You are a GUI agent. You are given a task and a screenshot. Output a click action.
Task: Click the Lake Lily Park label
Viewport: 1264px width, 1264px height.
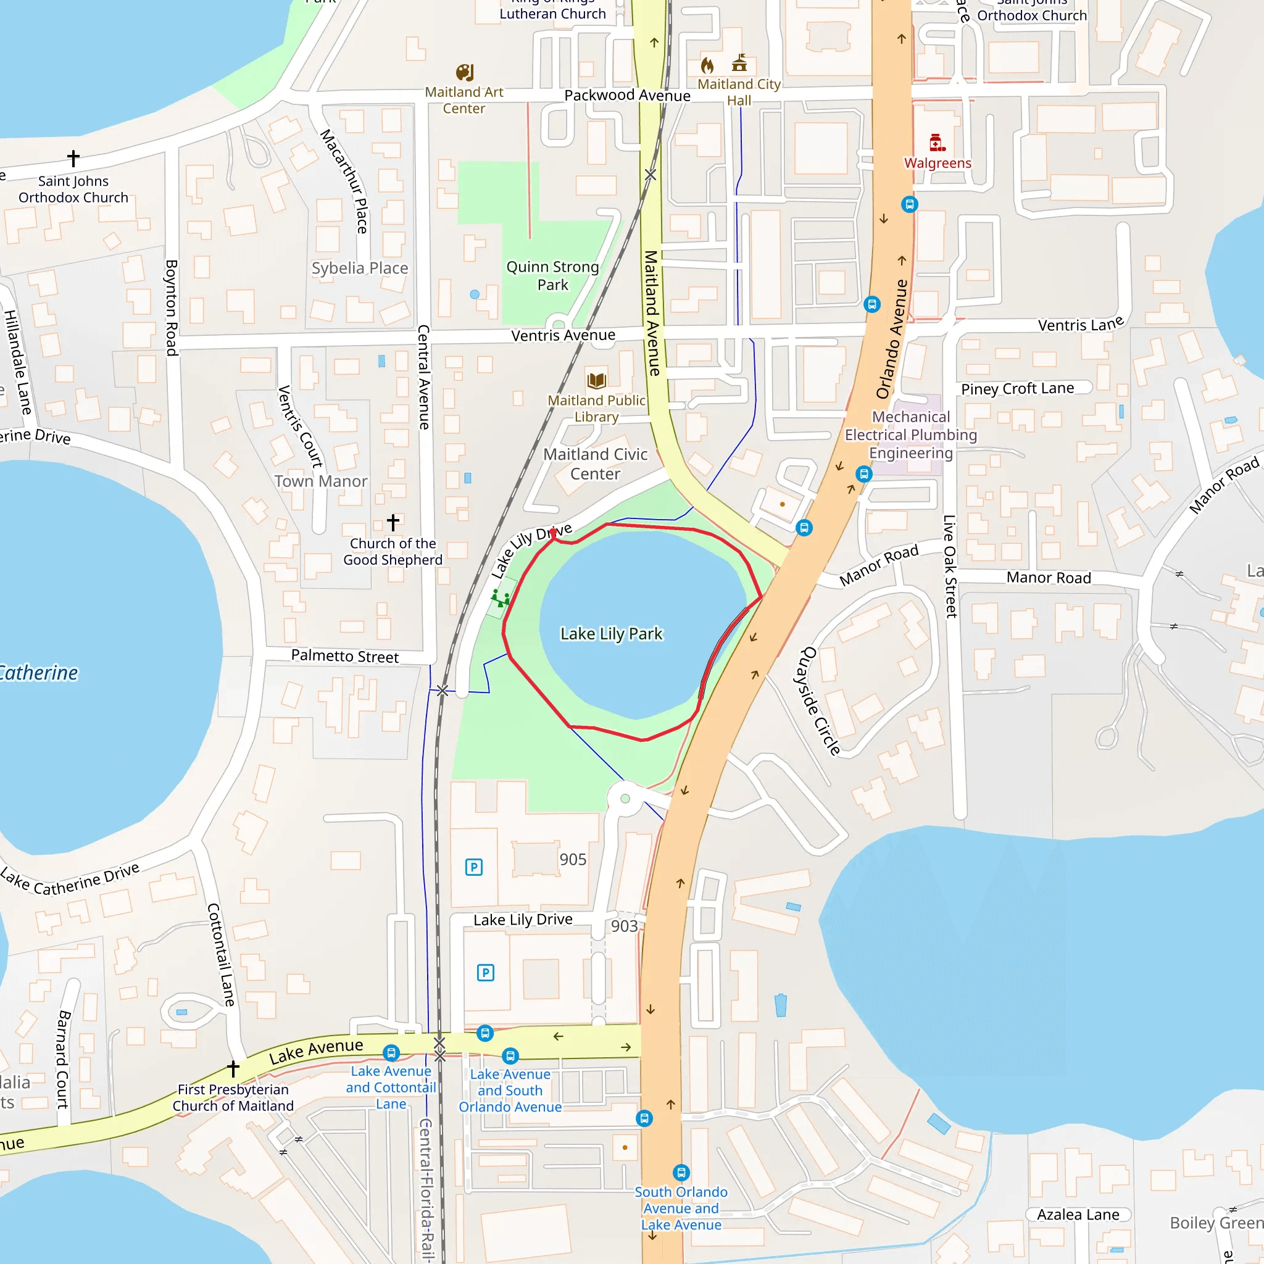[x=611, y=634]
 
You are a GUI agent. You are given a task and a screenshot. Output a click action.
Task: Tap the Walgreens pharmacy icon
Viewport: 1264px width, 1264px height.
[x=936, y=143]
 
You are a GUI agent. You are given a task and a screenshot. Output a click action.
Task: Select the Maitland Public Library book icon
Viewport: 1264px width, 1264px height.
[x=596, y=380]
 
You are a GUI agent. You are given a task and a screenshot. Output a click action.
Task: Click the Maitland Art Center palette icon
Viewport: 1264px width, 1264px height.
[x=465, y=72]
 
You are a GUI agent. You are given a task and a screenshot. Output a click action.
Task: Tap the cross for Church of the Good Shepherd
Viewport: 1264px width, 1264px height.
[x=393, y=522]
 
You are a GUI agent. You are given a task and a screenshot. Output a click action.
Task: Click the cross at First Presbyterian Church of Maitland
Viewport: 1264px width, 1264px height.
[x=233, y=1068]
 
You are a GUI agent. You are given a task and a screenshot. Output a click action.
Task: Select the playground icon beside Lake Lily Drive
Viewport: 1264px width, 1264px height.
[x=501, y=597]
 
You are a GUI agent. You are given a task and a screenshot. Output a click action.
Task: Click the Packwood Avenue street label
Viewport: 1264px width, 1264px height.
[x=627, y=96]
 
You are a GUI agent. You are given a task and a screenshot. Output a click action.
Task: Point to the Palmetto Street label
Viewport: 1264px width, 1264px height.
[x=345, y=656]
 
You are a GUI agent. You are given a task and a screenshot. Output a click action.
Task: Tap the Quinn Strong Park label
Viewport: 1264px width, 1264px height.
[x=553, y=275]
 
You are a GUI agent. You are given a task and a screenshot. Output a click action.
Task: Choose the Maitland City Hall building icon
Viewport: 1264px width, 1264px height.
[x=739, y=63]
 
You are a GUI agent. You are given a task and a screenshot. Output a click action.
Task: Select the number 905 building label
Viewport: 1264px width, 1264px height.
[x=573, y=860]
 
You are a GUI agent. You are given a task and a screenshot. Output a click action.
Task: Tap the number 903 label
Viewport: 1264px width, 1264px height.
[x=624, y=926]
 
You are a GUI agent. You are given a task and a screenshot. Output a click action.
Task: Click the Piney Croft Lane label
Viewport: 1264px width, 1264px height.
[x=1017, y=389]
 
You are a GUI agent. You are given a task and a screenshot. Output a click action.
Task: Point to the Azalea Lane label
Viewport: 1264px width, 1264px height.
[x=1078, y=1215]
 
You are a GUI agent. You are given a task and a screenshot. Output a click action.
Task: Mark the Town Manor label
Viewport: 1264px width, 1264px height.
[x=320, y=481]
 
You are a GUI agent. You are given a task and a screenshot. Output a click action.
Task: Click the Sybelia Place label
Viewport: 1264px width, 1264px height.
[x=360, y=268]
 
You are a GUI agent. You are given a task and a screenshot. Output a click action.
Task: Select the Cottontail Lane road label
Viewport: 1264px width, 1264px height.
[x=220, y=955]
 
